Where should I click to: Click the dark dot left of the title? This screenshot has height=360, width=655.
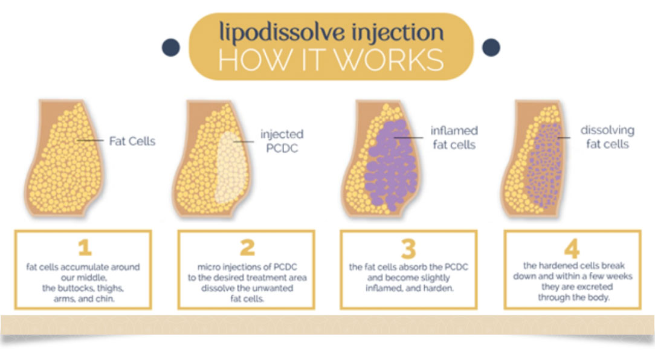click(171, 47)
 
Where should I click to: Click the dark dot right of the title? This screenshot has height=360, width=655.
click(491, 47)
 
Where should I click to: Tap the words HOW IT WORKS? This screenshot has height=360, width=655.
click(331, 60)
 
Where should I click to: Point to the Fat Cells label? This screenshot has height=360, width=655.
click(132, 141)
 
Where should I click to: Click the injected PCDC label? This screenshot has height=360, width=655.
click(282, 141)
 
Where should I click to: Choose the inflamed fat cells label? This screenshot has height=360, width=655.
click(454, 137)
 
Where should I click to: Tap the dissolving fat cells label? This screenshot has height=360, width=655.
click(607, 137)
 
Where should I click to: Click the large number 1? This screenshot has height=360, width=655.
click(85, 248)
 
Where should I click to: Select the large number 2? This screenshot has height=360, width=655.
click(247, 247)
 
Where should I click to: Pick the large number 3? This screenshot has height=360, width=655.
click(408, 248)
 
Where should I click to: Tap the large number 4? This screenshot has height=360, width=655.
click(572, 248)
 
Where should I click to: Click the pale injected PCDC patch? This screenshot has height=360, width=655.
click(230, 167)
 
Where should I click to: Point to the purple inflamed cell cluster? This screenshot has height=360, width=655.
click(390, 165)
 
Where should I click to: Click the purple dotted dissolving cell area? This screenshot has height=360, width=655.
click(543, 166)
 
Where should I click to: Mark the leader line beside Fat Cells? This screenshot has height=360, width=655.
click(90, 140)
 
